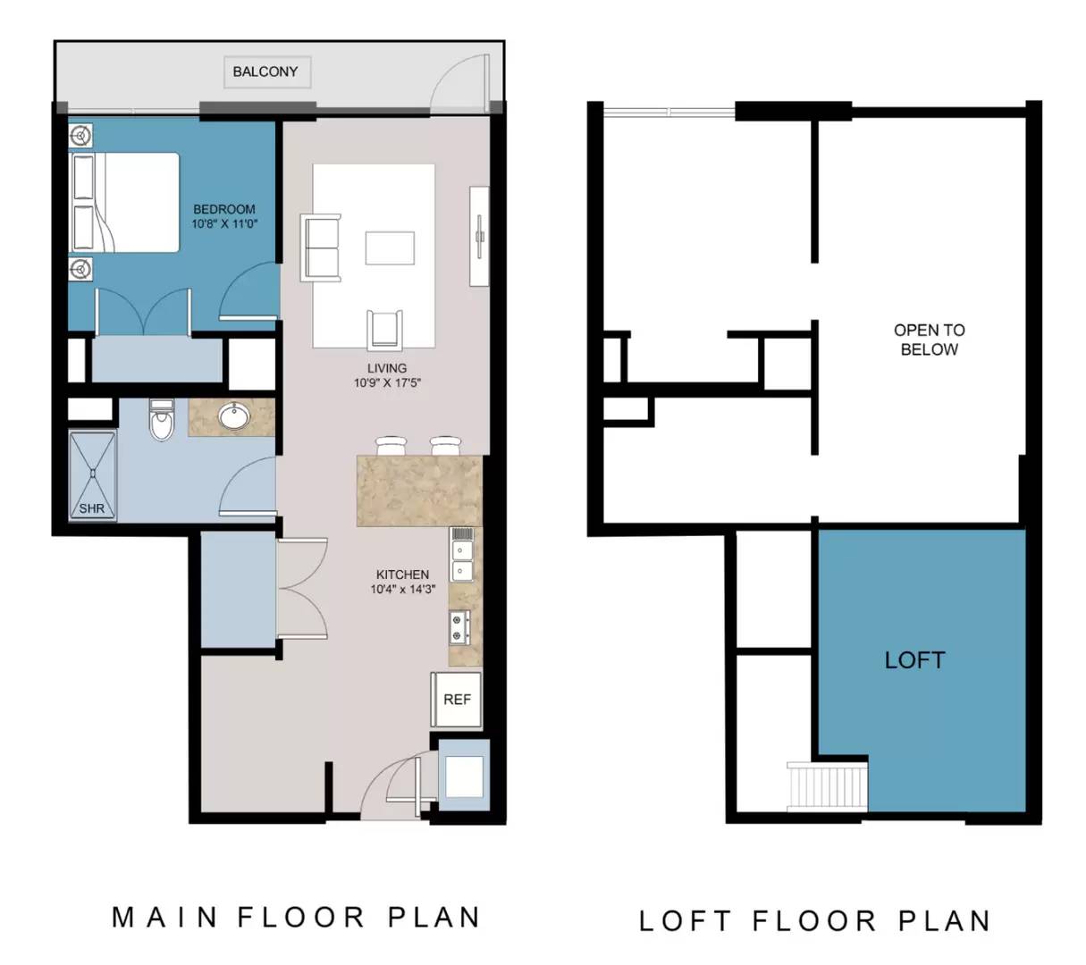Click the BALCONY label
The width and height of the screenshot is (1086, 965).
click(x=265, y=71)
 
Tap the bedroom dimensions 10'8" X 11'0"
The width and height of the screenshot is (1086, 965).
click(x=224, y=223)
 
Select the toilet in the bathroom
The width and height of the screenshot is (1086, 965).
click(x=162, y=420)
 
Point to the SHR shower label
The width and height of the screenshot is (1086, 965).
click(x=92, y=508)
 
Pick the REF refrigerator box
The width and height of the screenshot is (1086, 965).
click(x=456, y=700)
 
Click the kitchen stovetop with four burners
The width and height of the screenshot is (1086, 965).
click(x=459, y=627)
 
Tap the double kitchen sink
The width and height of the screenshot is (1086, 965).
click(x=461, y=560)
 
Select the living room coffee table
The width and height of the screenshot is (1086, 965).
click(x=390, y=248)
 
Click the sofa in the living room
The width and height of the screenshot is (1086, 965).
click(x=321, y=248)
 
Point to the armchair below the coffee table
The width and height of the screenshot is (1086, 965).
click(x=384, y=330)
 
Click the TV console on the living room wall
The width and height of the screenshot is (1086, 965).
click(x=479, y=236)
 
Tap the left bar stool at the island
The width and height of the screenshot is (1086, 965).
click(x=391, y=446)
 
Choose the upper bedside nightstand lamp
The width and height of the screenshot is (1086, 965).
click(x=81, y=135)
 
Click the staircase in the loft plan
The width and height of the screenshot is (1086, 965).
click(x=826, y=787)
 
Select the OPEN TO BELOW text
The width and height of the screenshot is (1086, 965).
click(x=929, y=340)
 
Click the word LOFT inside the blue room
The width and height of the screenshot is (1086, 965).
click(x=914, y=660)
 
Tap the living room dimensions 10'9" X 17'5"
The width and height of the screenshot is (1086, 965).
click(x=387, y=382)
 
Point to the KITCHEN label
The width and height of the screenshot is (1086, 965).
click(x=402, y=575)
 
